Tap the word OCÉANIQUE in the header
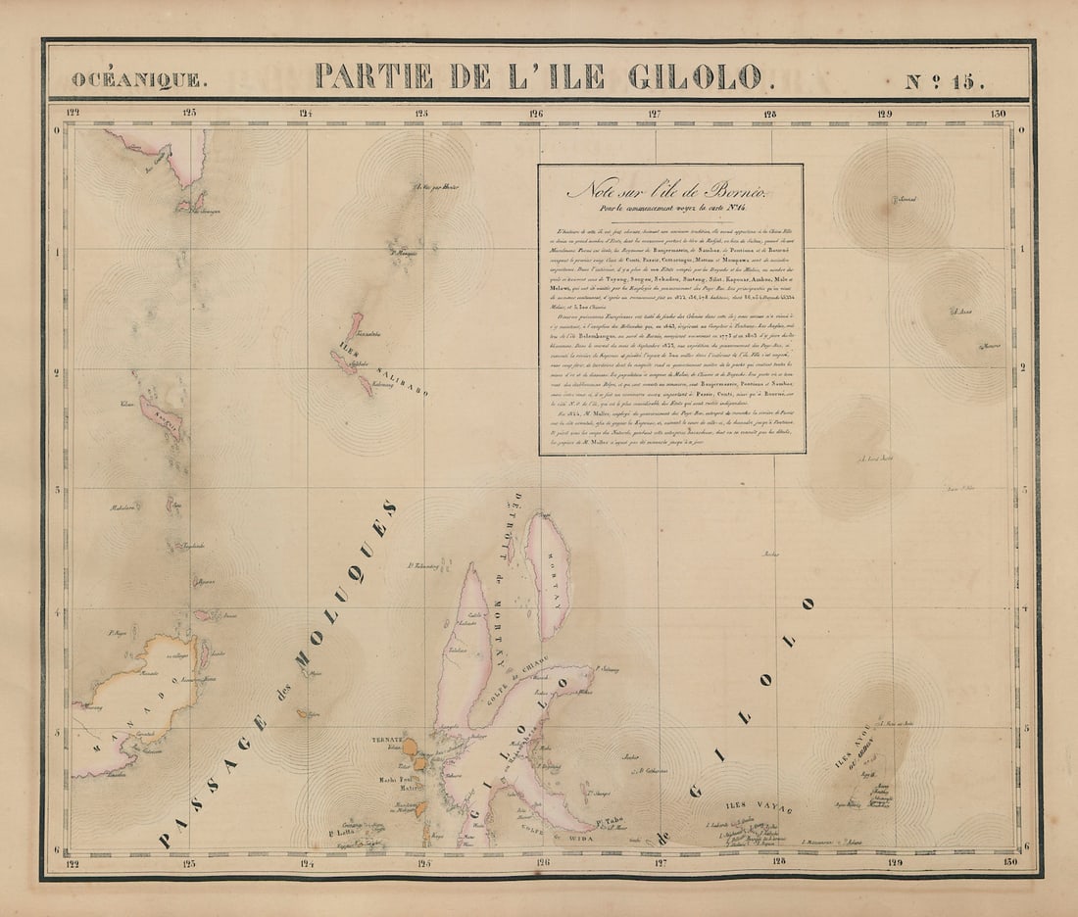(138, 79)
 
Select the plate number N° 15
(945, 78)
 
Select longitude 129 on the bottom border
(885, 863)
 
